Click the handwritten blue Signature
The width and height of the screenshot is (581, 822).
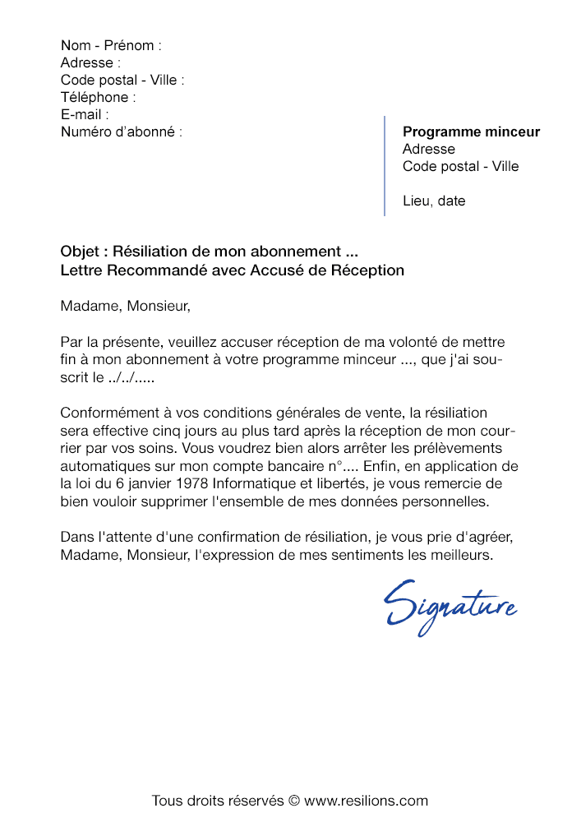[450, 607]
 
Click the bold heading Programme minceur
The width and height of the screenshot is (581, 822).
[471, 132]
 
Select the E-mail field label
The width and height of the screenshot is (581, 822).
[84, 114]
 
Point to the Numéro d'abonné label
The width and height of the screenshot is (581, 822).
[121, 132]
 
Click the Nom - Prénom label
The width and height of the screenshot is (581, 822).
[111, 45]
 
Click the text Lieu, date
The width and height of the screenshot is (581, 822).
[433, 201]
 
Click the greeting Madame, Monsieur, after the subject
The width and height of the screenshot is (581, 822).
[125, 307]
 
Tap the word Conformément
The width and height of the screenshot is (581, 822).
[105, 413]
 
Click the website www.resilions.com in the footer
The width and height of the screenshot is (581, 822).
[366, 800]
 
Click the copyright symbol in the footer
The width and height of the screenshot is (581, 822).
[294, 800]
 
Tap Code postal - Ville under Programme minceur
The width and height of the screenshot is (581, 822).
[460, 166]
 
